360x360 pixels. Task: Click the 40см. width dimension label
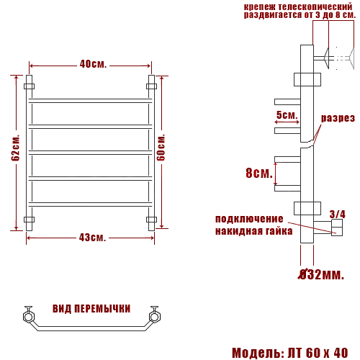pos(93,64)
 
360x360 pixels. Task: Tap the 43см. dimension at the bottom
pos(91,238)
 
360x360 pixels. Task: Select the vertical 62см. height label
pos(15,148)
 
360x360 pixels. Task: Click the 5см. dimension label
pos(287,115)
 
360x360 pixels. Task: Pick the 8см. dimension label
pos(258,173)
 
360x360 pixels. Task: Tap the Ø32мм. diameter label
pos(321,274)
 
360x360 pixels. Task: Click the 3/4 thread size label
pos(337,214)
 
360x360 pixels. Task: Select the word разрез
pos(338,118)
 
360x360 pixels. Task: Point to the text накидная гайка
pos(253,231)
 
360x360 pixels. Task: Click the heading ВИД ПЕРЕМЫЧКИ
pos(91,308)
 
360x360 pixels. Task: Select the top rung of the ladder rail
pos(91,99)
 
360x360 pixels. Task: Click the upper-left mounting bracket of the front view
pos(30,86)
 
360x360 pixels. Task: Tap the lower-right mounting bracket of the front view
pos(151,220)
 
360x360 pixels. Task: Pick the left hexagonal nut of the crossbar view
pos(28,315)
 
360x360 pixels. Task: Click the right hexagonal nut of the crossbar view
pos(154,315)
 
